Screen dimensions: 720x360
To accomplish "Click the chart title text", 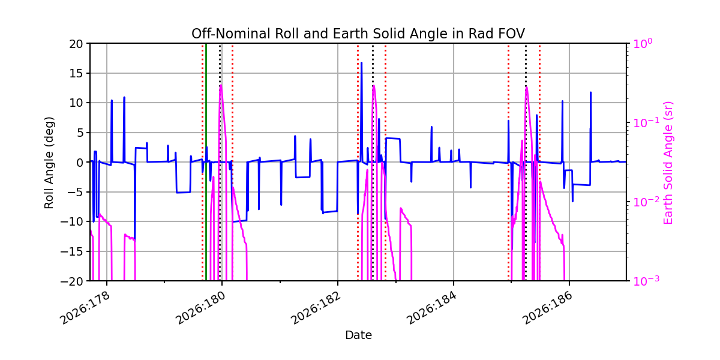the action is pyautogui.click(x=358, y=34).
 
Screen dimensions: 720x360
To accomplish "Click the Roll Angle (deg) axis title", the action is pyautogui.click(x=49, y=163).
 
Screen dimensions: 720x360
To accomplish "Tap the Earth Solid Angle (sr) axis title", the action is pyautogui.click(x=668, y=163).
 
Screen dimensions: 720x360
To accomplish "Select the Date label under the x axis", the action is pyautogui.click(x=358, y=335).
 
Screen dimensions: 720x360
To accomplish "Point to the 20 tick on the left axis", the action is pyautogui.click(x=76, y=44).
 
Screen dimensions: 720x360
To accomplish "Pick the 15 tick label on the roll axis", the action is pyautogui.click(x=76, y=73).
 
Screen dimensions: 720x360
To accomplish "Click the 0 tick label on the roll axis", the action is pyautogui.click(x=80, y=163).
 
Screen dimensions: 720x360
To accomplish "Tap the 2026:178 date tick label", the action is pyautogui.click(x=85, y=308).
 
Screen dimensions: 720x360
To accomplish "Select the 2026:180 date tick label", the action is pyautogui.click(x=201, y=308).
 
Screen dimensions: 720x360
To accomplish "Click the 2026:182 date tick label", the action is pyautogui.click(x=317, y=308).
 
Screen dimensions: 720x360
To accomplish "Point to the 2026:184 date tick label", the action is pyautogui.click(x=433, y=308).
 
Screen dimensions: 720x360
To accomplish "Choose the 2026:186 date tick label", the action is pyautogui.click(x=548, y=308).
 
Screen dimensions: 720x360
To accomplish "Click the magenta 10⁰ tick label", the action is pyautogui.click(x=643, y=43).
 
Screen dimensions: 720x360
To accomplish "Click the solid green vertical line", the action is pyautogui.click(x=206, y=163).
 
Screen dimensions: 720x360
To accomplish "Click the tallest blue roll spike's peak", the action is pyautogui.click(x=362, y=62).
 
